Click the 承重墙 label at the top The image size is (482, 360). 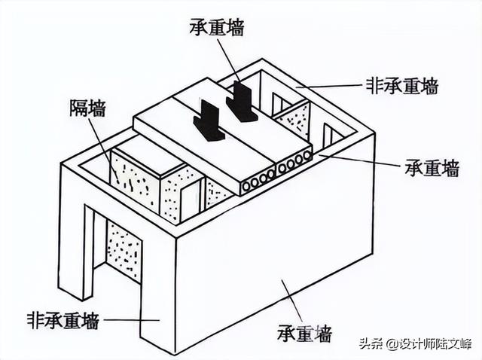click(217, 27)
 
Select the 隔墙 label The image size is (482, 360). click(87, 108)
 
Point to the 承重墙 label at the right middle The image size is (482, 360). click(432, 168)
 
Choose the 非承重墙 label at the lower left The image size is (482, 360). click(63, 321)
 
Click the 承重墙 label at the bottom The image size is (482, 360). click(304, 333)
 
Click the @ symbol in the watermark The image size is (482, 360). click(392, 343)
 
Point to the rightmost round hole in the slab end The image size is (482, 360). click(307, 156)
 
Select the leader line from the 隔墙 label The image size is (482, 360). click(102, 151)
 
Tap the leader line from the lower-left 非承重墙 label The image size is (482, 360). click(133, 320)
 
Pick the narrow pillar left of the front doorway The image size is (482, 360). click(89, 252)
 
